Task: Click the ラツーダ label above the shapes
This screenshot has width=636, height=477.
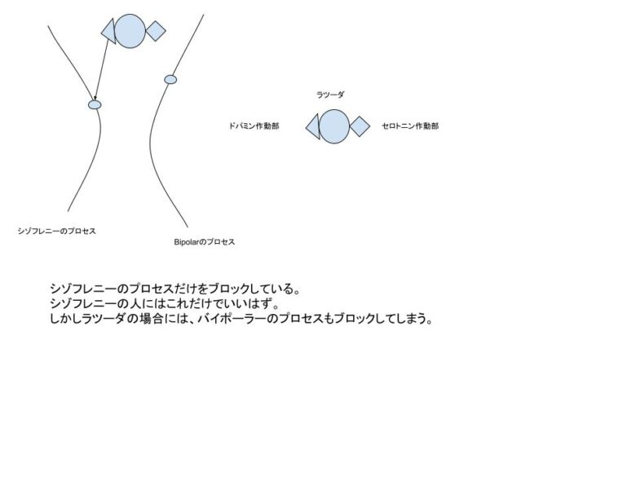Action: coord(330,95)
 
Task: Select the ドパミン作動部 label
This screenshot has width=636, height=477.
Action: coord(254,126)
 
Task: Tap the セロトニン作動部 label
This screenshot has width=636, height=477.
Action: coord(410,126)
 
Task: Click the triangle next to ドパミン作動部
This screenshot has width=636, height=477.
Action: coord(314,127)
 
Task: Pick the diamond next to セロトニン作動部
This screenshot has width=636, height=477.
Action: coord(360,126)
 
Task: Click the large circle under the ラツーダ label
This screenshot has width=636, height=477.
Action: coord(334,126)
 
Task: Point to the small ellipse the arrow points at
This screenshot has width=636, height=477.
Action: coord(95,105)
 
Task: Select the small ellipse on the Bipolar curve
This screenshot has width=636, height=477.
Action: coord(170,80)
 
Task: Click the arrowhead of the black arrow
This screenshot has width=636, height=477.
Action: coord(95,98)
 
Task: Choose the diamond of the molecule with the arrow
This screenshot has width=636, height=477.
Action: coord(156,31)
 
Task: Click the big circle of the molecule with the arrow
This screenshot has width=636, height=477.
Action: coord(130,31)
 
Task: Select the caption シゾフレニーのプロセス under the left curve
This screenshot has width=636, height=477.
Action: coord(57,232)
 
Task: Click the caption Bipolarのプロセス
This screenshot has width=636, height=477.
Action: coord(205,241)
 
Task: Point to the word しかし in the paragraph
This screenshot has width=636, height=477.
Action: coord(65,318)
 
